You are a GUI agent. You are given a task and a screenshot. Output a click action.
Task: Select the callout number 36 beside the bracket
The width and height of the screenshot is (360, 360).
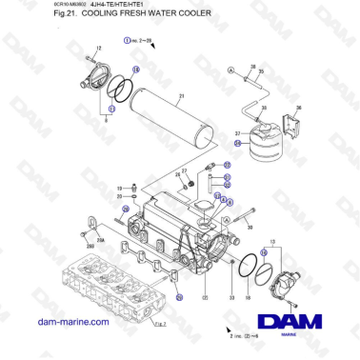coord(299,109)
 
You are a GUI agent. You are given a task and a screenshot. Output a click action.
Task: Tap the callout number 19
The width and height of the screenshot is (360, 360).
coord(121,190)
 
